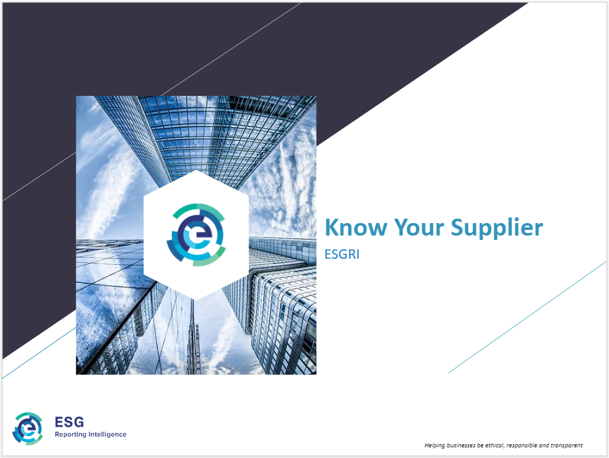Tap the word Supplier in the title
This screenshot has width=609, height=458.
point(497,228)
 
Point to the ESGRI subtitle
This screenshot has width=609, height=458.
point(341,255)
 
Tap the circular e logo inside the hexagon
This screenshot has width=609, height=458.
point(196,234)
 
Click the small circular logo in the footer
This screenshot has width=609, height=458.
point(28,428)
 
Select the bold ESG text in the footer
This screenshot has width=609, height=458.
point(69,422)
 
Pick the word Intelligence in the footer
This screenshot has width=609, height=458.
point(107,434)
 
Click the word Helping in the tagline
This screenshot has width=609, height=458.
point(435,445)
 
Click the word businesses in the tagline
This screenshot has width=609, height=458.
point(465,445)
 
